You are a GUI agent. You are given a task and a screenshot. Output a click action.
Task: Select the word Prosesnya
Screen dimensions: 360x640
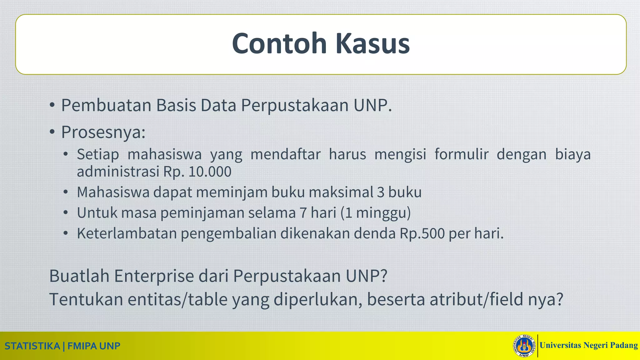(103, 132)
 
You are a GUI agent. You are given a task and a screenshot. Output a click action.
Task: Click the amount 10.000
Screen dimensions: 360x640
(210, 172)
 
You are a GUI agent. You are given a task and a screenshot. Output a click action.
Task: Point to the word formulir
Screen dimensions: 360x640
(461, 154)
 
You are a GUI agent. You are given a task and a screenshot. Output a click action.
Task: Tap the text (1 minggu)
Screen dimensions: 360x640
(376, 213)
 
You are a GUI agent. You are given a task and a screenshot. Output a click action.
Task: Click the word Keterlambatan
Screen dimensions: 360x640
(127, 233)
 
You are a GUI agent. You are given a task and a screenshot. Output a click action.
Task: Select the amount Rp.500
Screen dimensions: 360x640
(422, 233)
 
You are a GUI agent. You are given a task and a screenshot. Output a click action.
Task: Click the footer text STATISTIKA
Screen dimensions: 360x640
(32, 346)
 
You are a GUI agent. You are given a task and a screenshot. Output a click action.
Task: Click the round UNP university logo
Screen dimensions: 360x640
(525, 346)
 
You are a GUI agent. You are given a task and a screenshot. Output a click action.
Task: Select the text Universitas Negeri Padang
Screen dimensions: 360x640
(588, 345)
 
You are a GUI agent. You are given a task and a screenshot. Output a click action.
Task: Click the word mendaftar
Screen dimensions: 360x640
(285, 154)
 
